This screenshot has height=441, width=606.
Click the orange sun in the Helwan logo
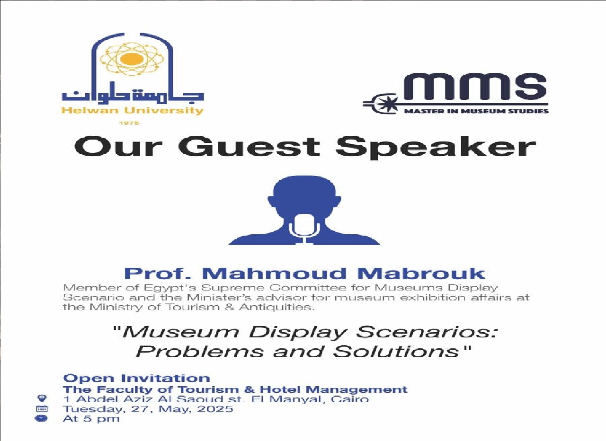(x=132, y=59)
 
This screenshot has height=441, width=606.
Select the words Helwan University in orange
(x=132, y=111)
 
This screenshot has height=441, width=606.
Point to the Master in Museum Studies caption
(x=476, y=111)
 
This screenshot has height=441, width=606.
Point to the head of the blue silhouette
(x=304, y=194)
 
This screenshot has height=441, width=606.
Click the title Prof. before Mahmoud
(x=159, y=273)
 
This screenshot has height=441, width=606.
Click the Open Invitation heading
(x=136, y=378)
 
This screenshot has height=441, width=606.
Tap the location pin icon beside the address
(x=42, y=399)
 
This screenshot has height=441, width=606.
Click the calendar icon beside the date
(x=42, y=409)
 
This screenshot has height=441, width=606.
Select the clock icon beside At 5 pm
(x=42, y=419)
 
